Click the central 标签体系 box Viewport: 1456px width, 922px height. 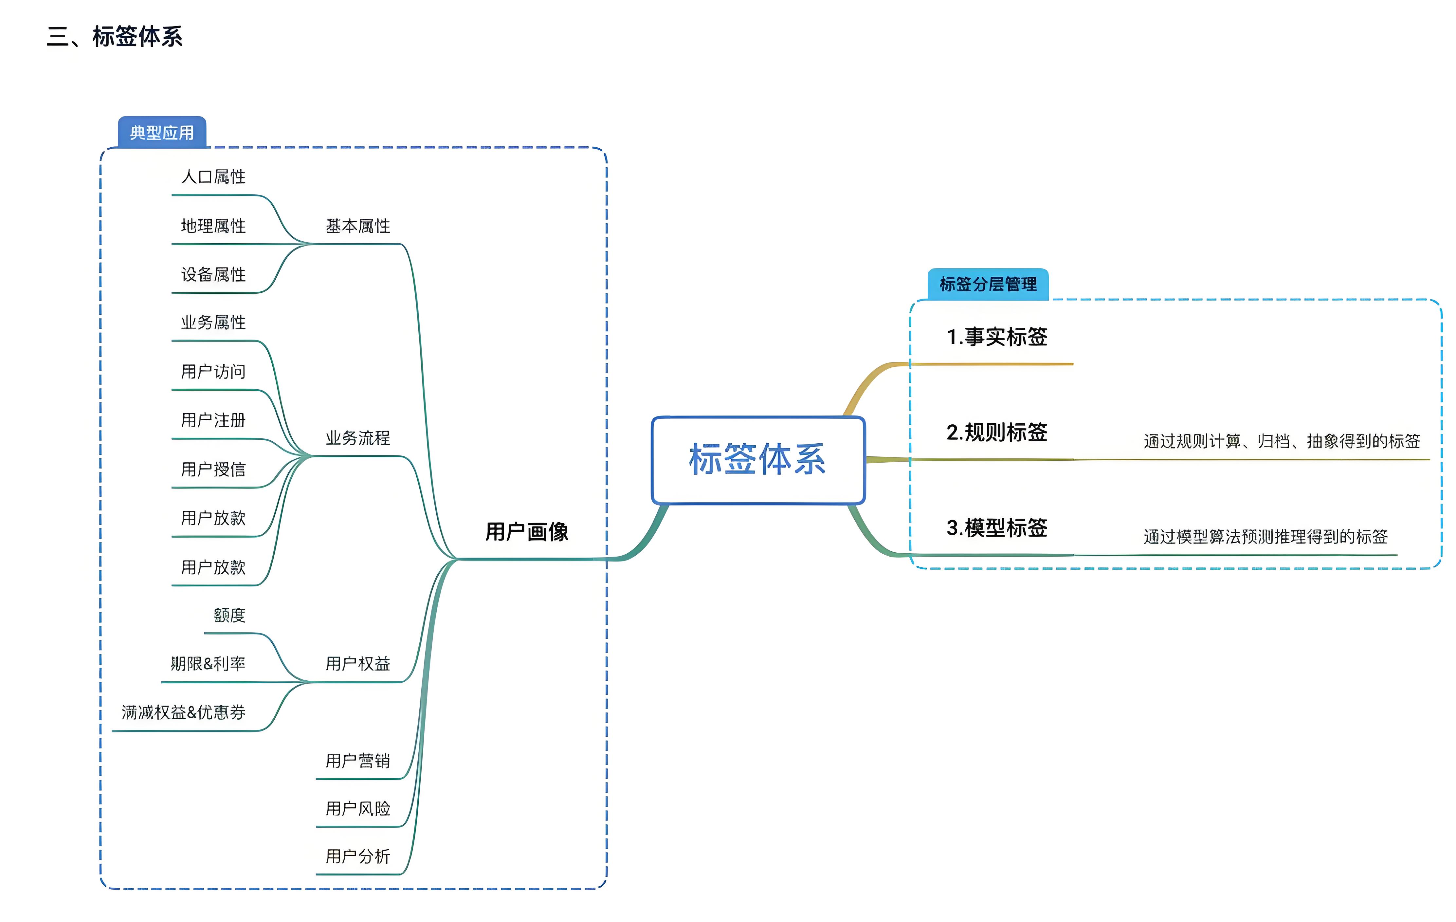(x=758, y=459)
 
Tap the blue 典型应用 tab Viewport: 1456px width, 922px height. (x=162, y=133)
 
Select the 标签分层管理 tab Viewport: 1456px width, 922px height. (x=988, y=284)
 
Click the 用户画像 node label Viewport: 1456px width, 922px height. (x=527, y=532)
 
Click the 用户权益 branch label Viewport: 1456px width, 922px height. (x=358, y=664)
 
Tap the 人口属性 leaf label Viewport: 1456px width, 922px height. (x=213, y=177)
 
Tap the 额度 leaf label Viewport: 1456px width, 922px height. (x=230, y=615)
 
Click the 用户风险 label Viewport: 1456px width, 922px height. (x=358, y=809)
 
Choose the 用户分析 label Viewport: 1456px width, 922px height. (x=358, y=857)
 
